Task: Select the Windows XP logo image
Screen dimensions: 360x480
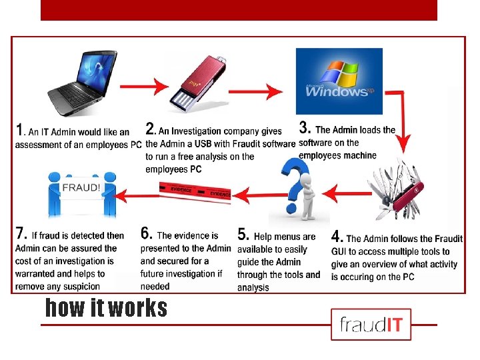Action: tap(339, 81)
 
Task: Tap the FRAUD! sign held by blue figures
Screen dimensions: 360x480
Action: tap(81, 187)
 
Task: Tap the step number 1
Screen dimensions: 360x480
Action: tap(21, 130)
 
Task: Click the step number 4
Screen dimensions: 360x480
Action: tap(337, 237)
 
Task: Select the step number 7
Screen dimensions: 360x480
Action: tap(21, 234)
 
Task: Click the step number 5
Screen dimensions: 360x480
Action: tap(243, 235)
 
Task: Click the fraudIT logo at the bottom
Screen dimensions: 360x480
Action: tap(371, 325)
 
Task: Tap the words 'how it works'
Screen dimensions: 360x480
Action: tap(106, 308)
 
